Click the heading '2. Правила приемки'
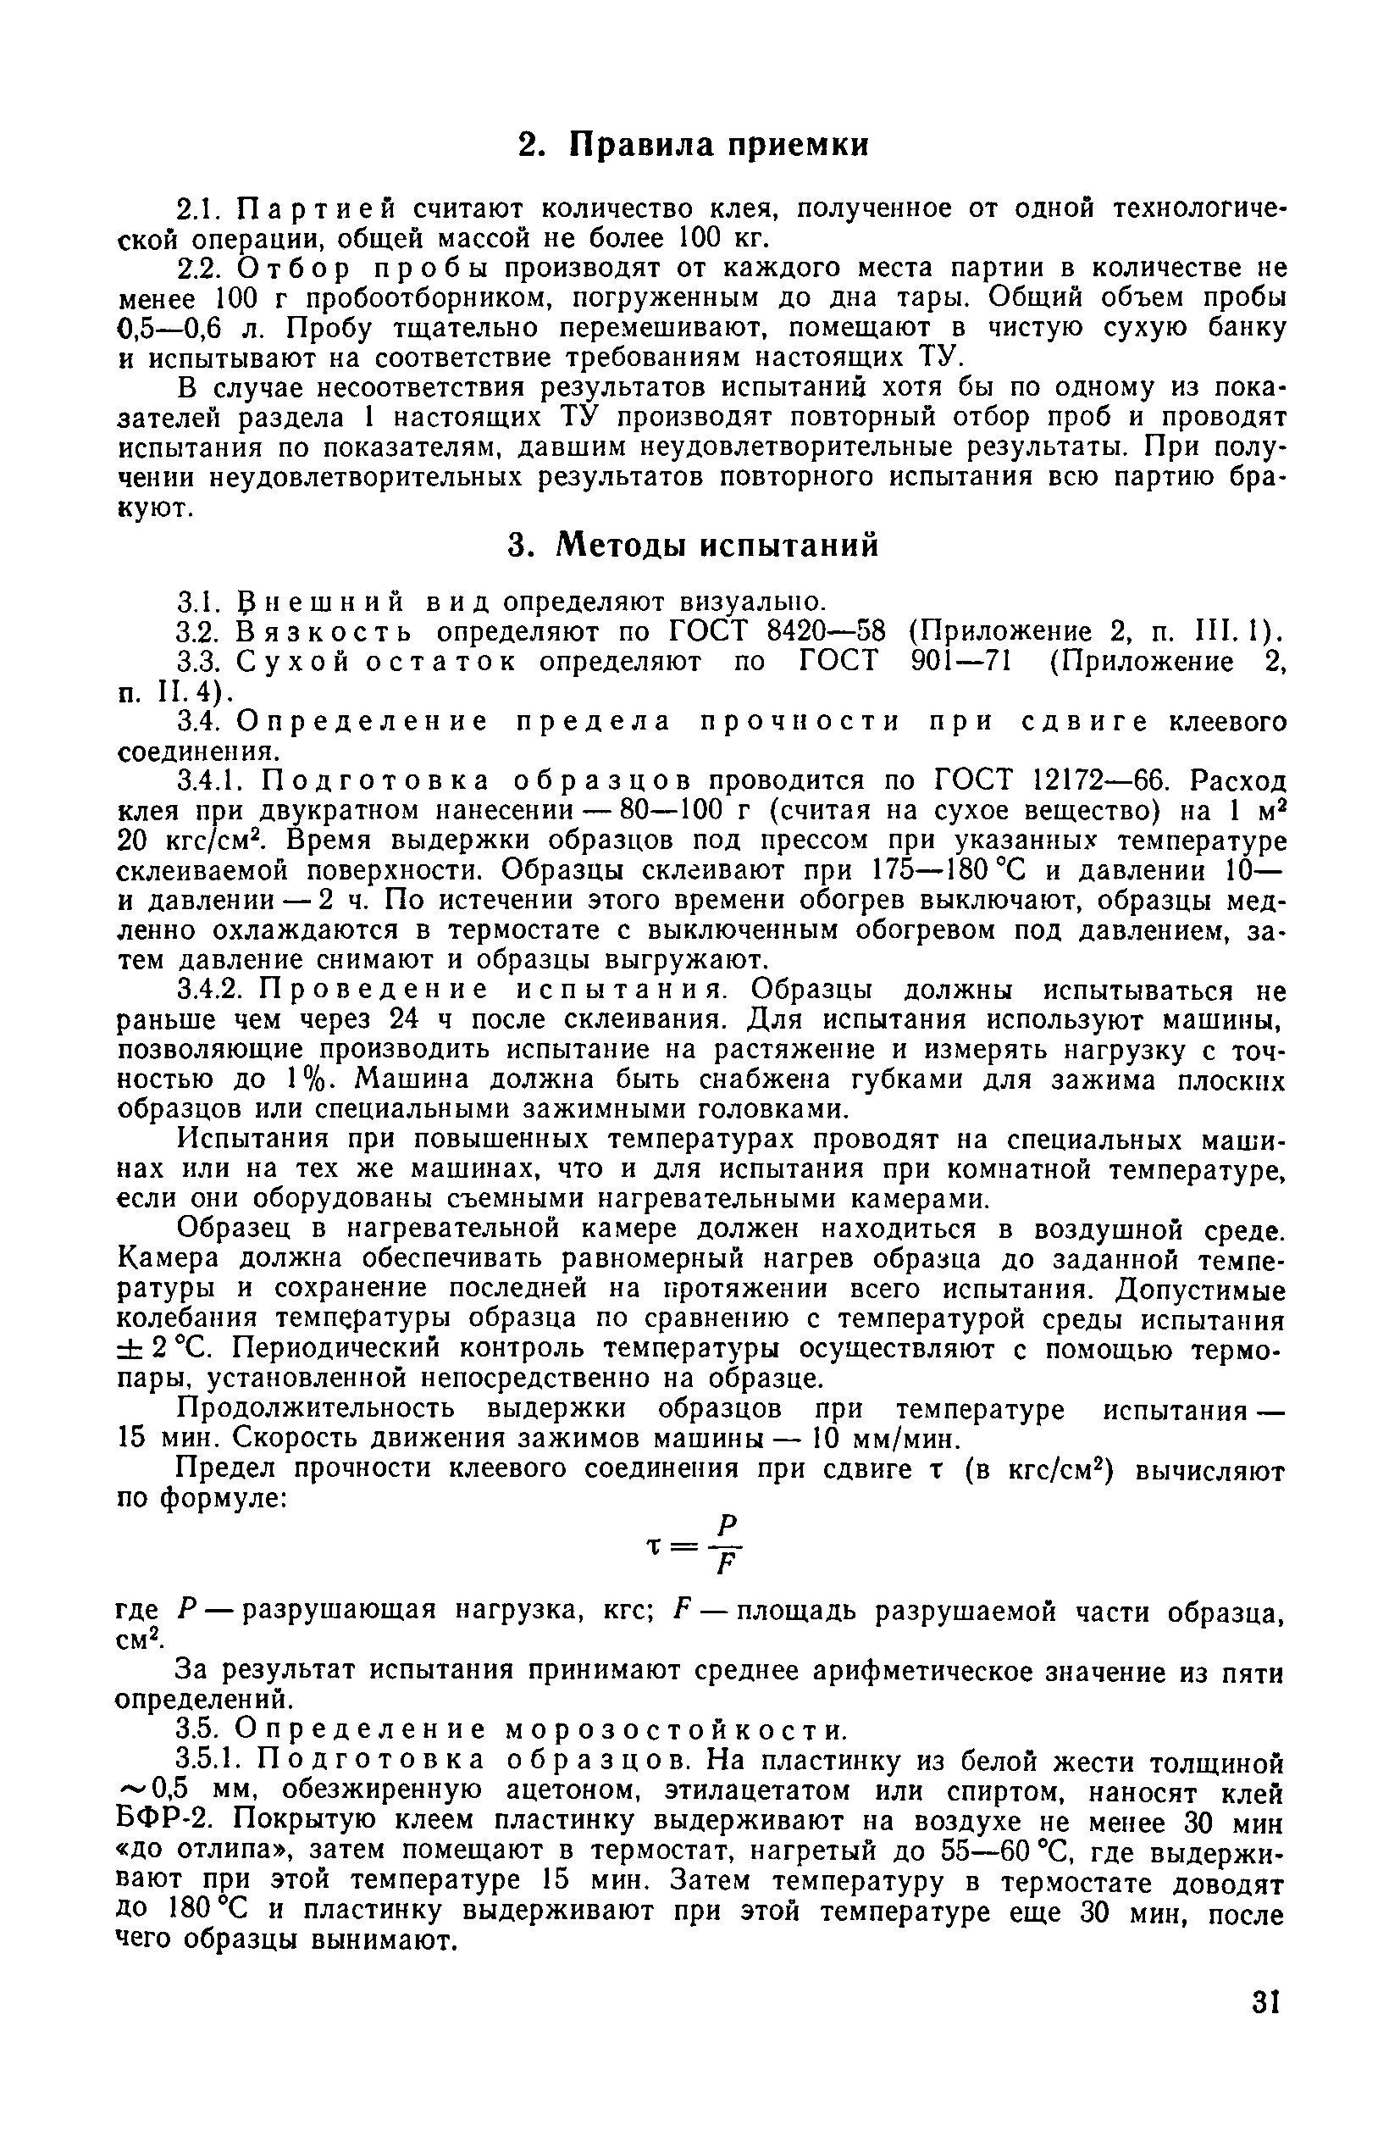coord(694,145)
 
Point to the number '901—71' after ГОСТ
coord(958,662)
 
